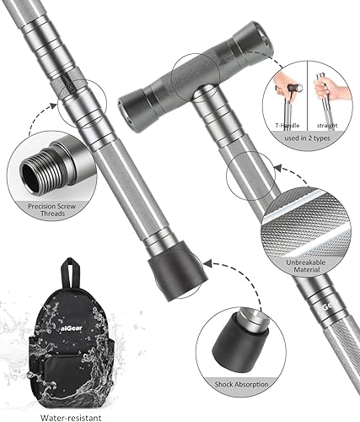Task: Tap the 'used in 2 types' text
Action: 309,138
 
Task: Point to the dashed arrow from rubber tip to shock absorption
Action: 211,283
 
